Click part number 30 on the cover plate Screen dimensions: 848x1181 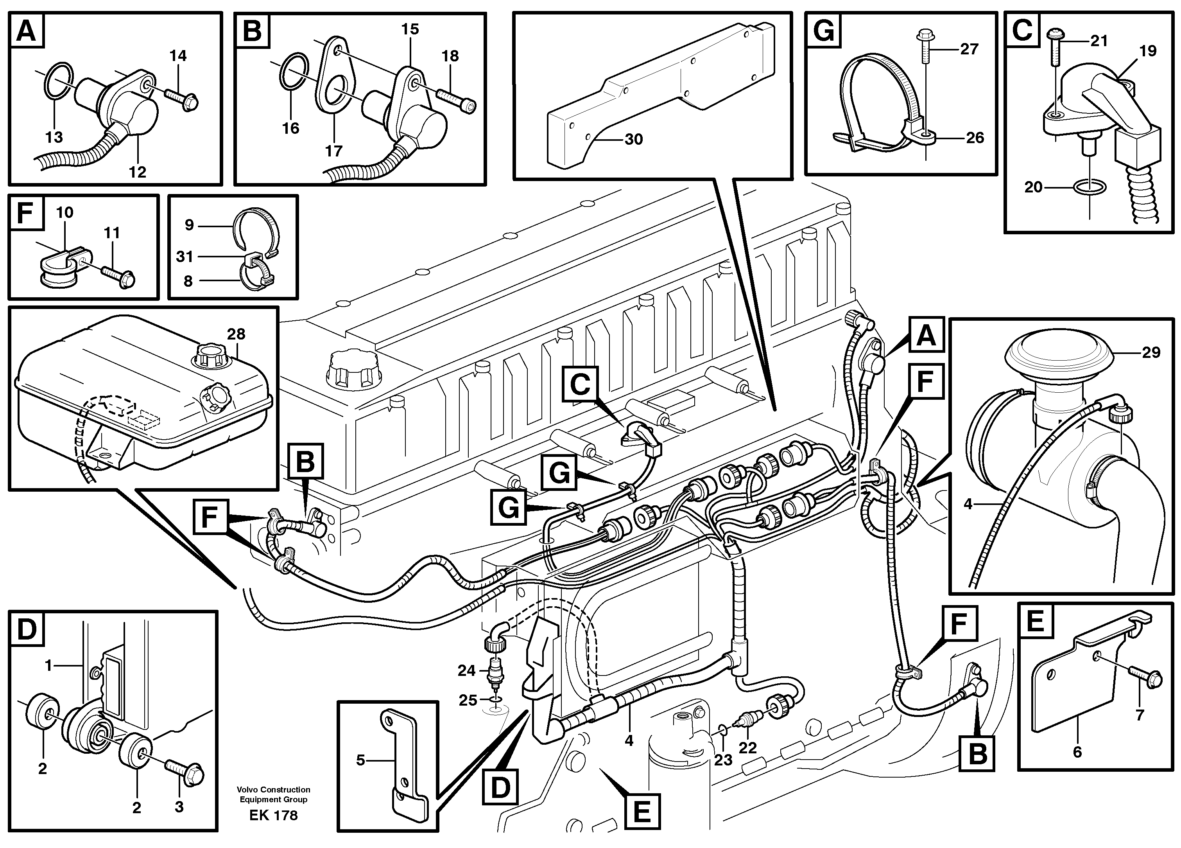[633, 139]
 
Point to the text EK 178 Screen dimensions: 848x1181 [273, 815]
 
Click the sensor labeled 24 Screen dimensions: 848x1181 [496, 672]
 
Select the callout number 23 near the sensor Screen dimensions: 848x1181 [723, 760]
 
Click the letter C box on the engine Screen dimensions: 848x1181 [580, 385]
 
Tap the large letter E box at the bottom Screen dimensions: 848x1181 [642, 811]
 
